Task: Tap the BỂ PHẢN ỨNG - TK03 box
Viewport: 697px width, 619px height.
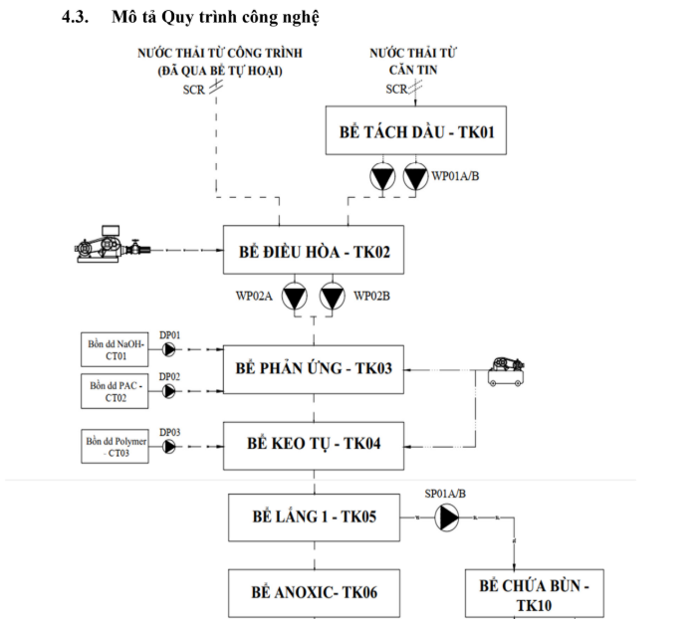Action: tap(314, 368)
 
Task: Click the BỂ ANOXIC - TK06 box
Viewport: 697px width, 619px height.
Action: tap(314, 593)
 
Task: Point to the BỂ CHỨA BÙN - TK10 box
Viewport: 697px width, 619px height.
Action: tap(534, 595)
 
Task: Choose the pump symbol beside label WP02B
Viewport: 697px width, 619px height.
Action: tap(334, 297)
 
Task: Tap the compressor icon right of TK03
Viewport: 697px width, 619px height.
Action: tap(509, 371)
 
